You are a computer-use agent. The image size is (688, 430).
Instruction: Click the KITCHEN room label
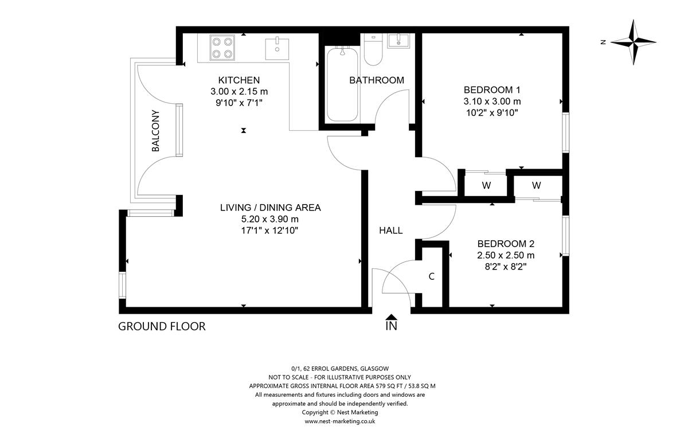tap(239, 80)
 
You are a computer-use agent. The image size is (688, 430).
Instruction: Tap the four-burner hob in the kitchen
tap(222, 48)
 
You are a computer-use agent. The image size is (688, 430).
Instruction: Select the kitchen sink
tap(277, 48)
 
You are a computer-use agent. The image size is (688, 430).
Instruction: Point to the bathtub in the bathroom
tap(342, 84)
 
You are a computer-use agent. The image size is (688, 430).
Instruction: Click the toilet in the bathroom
tap(373, 50)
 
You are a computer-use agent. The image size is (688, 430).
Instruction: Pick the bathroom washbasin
tap(398, 41)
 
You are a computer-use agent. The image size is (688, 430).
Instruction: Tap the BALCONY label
tap(156, 131)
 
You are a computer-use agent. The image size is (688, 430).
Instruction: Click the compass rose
tap(634, 42)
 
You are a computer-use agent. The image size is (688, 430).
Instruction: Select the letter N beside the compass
tap(603, 42)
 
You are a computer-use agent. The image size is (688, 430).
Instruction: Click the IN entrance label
tap(391, 326)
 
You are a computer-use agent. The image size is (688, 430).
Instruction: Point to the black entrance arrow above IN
tap(391, 316)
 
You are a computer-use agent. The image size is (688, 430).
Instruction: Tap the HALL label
tap(390, 230)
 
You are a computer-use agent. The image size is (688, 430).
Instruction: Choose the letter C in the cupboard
tap(432, 276)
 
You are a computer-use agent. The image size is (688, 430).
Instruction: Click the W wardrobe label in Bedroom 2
tap(536, 185)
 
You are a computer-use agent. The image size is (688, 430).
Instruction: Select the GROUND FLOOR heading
tap(162, 326)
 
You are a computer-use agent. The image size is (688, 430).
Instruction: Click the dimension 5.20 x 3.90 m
tap(269, 219)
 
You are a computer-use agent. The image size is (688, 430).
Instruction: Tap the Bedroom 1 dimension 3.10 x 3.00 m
tap(492, 101)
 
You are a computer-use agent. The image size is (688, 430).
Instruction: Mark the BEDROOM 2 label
tap(506, 244)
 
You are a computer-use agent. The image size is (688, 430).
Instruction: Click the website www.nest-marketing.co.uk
tap(339, 421)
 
